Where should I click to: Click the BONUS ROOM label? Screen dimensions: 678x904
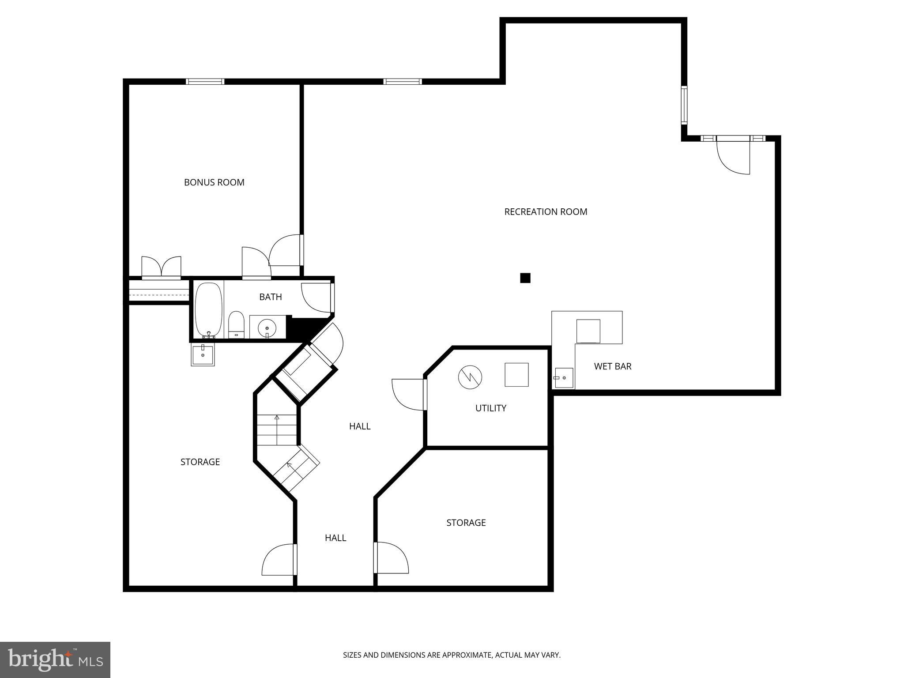[x=214, y=182]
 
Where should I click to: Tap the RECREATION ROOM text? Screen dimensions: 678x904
[x=546, y=212]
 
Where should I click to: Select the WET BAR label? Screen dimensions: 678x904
[x=612, y=366]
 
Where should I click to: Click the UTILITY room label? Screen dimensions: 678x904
[x=490, y=408]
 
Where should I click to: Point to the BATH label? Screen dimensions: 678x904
[x=270, y=297]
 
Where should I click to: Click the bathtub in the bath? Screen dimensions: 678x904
[x=208, y=309]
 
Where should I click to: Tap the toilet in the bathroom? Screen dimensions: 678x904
[x=236, y=324]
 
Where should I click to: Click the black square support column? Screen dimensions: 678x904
[x=525, y=278]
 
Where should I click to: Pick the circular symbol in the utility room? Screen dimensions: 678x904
[x=470, y=377]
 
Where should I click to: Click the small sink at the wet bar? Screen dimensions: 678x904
[x=564, y=378]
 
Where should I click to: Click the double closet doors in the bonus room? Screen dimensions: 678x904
[x=162, y=267]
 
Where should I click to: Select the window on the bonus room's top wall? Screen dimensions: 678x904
[x=205, y=82]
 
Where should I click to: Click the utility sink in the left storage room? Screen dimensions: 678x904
[x=203, y=355]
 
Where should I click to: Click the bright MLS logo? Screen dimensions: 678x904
[x=55, y=659]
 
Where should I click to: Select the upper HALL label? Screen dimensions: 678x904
[x=360, y=426]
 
